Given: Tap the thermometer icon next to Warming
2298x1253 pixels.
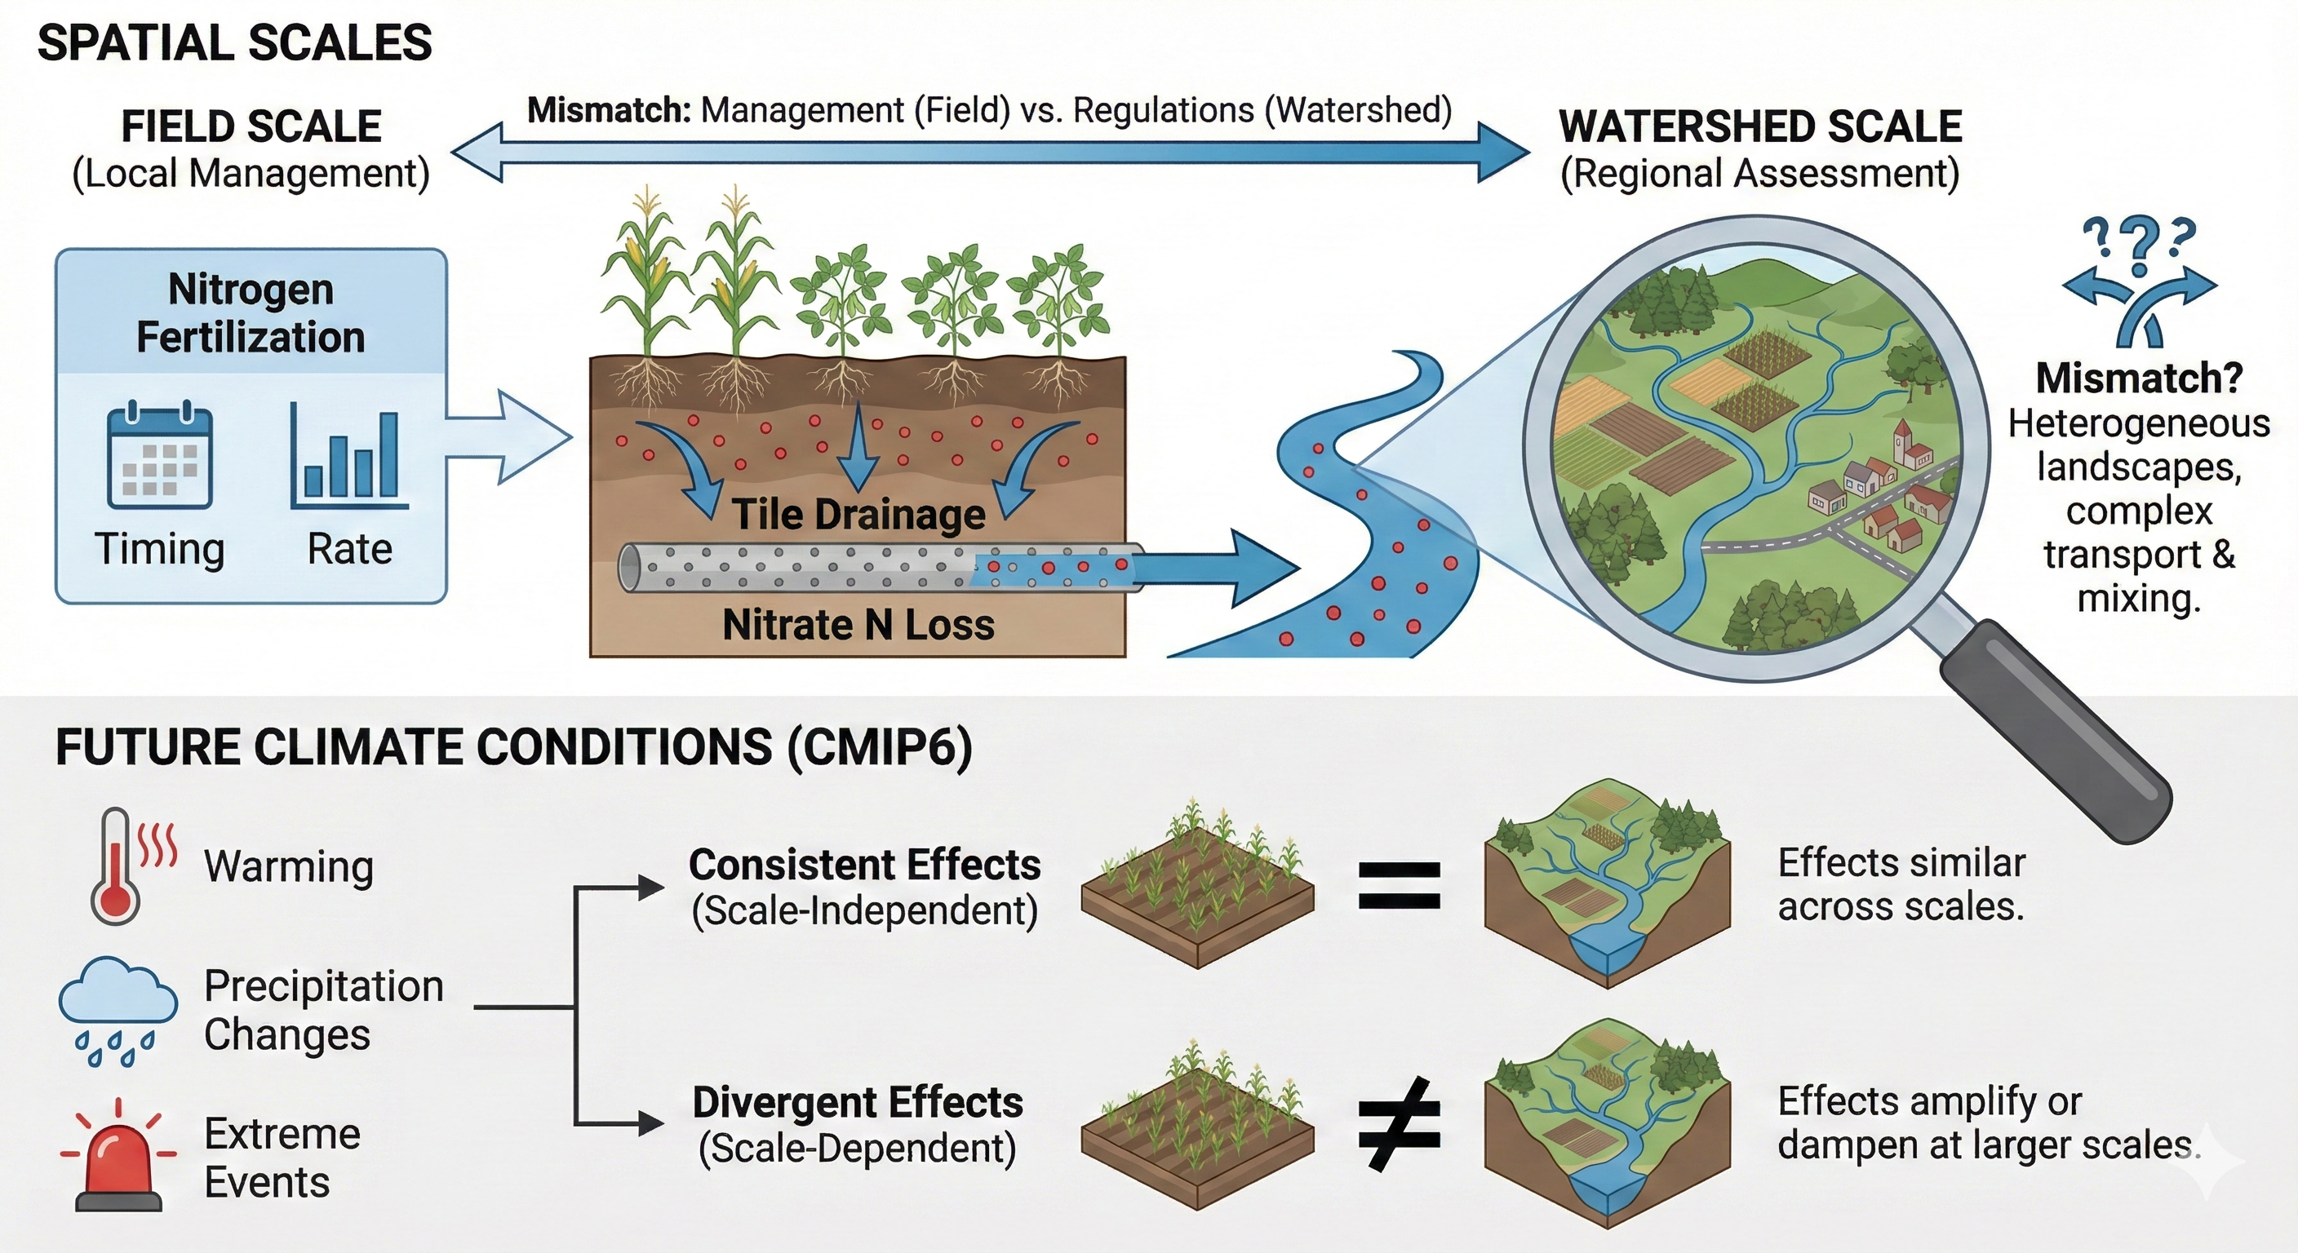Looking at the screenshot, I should point(116,865).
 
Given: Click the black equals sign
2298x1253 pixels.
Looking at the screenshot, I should point(1399,886).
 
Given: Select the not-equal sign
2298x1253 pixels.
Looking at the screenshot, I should point(1399,1125).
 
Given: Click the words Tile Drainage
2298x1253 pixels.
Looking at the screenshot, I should point(858,515).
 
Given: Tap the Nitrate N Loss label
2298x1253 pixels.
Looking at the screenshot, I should point(858,624).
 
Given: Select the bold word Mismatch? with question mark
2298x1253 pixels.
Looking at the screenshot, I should point(2138,379).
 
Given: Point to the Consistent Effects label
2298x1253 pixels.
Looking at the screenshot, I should point(864,865).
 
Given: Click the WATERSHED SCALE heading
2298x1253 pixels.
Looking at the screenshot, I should point(1759,126).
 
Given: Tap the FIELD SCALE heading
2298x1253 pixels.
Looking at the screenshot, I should point(251,126).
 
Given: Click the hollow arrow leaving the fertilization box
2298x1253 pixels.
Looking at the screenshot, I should point(508,437).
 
